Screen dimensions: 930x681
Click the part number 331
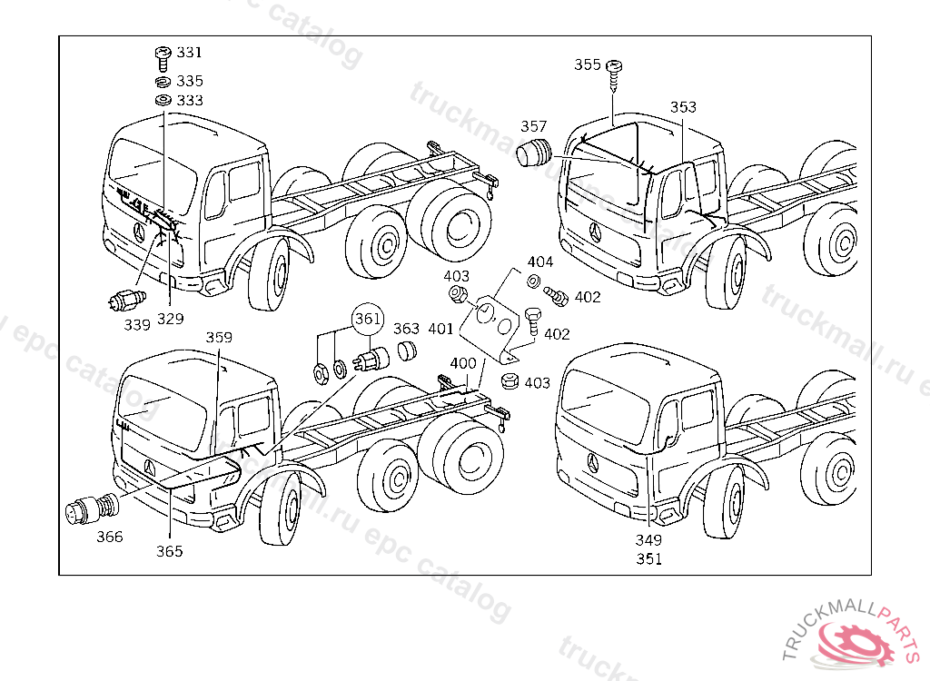tap(190, 52)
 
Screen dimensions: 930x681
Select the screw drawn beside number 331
tap(163, 59)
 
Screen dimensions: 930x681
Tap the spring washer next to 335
tap(163, 82)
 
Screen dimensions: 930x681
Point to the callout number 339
tap(137, 324)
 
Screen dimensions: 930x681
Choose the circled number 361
tap(368, 319)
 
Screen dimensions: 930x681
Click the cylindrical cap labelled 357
tap(534, 153)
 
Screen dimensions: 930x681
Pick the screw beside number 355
tap(615, 75)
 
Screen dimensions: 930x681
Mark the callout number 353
tap(683, 107)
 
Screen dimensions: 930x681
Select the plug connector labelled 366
tap(92, 509)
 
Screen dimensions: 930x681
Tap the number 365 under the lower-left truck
tap(170, 551)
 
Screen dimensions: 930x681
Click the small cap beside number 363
tap(406, 350)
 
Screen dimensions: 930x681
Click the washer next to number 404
tap(533, 281)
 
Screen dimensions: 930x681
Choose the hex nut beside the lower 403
tap(510, 380)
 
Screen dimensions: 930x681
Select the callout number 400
tap(463, 363)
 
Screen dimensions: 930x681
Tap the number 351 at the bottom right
tap(648, 558)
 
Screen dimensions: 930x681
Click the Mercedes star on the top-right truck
tap(595, 232)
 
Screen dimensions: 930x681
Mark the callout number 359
tap(219, 337)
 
